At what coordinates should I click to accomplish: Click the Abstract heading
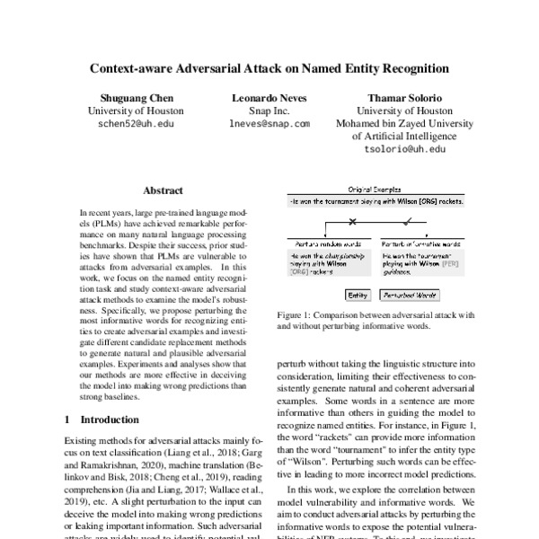tap(162, 190)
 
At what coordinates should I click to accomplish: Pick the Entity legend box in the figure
tap(357, 294)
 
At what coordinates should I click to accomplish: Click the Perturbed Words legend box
tap(409, 294)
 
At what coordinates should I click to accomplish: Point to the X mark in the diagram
tap(351, 221)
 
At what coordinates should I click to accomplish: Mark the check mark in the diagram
tap(410, 221)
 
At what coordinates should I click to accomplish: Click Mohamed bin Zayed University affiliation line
tap(404, 124)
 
